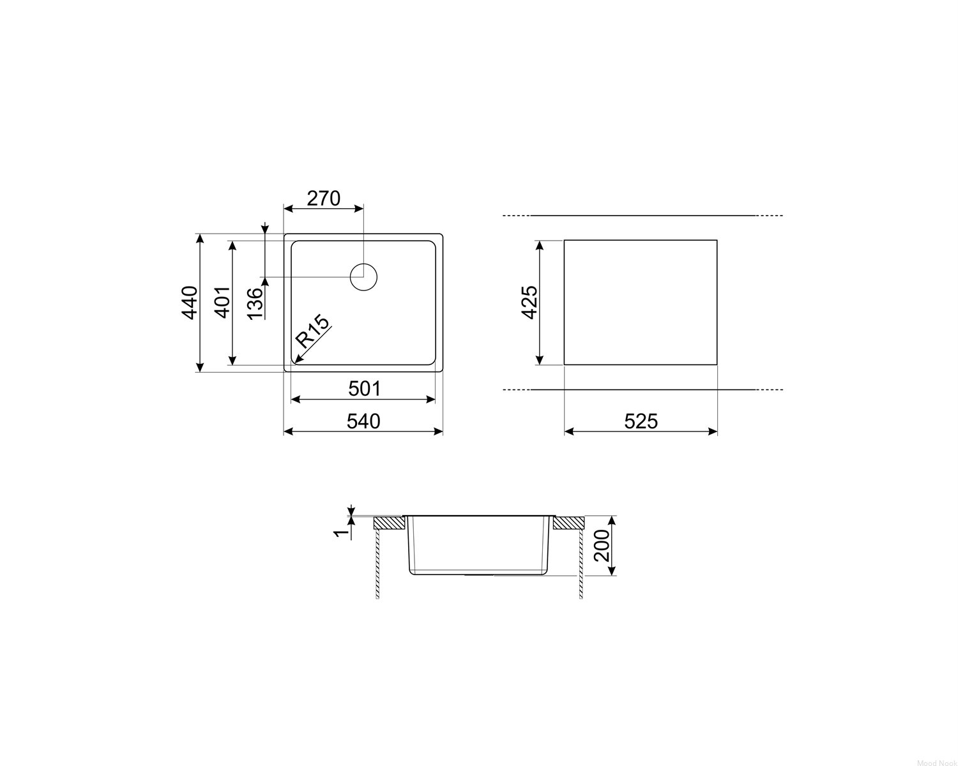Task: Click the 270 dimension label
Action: point(324,199)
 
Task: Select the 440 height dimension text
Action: point(190,303)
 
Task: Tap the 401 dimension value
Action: point(223,302)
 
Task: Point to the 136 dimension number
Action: point(255,304)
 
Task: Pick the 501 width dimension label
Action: point(365,389)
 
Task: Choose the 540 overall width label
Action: point(363,421)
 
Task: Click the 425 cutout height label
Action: point(529,303)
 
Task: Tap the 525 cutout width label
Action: point(641,421)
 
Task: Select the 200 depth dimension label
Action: point(602,546)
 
